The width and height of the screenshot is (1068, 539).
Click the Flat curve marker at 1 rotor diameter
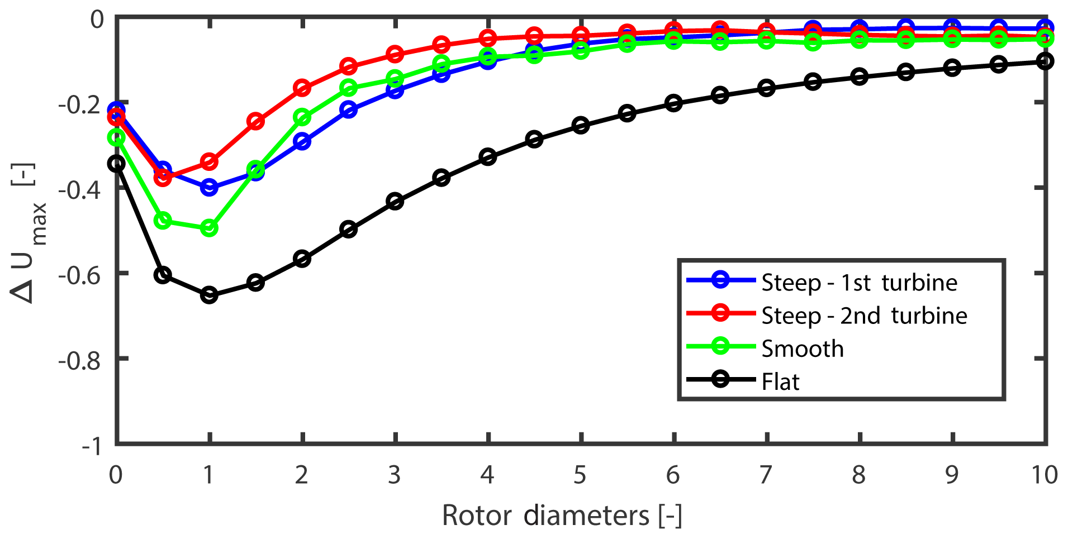tap(209, 295)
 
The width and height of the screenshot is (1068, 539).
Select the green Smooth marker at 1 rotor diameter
tap(209, 228)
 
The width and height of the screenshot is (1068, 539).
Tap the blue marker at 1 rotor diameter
tap(209, 187)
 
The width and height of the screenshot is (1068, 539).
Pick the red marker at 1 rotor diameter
tap(209, 163)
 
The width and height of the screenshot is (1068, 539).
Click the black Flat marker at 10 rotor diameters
tap(1045, 61)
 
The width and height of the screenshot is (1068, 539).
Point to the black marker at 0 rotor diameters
tap(116, 164)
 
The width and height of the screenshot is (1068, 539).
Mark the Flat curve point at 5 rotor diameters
tap(581, 125)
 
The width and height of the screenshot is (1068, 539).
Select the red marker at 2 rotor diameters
tap(302, 88)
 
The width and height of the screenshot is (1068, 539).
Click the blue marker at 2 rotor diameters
tap(302, 141)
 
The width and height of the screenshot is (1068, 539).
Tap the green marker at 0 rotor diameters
tap(116, 137)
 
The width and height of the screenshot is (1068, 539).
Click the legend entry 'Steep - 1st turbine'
tap(859, 283)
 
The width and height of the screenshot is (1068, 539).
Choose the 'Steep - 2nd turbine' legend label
tap(864, 316)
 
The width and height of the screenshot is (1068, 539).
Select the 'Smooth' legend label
tap(803, 349)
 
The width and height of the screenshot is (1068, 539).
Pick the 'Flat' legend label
tap(780, 381)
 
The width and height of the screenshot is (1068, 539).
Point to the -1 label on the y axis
tap(93, 446)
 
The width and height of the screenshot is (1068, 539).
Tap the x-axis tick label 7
tap(766, 475)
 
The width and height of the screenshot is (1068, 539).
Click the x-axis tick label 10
tap(1044, 475)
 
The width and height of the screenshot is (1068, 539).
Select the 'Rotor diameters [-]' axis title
tap(562, 515)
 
